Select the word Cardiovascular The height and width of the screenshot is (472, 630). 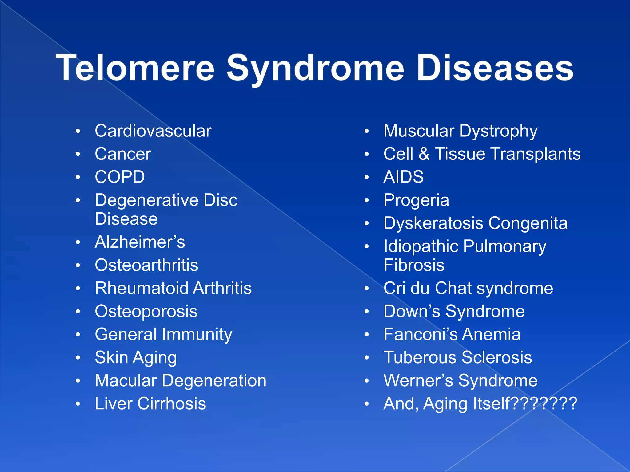click(153, 131)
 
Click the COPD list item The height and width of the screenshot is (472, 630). click(120, 177)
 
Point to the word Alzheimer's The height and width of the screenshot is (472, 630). click(140, 242)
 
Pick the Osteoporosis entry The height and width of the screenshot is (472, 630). click(146, 311)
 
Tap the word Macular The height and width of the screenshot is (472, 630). click(126, 380)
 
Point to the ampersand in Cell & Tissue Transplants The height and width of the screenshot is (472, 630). click(424, 154)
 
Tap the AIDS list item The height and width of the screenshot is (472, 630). click(403, 177)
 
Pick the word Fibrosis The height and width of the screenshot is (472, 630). click(414, 265)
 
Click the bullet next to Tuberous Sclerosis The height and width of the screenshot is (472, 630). click(366, 358)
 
